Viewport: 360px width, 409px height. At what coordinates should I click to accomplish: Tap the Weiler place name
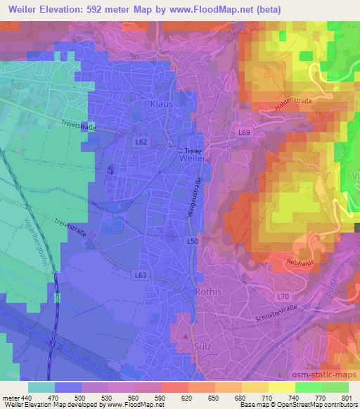tap(191, 159)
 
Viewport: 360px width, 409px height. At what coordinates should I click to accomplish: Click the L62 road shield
tap(141, 142)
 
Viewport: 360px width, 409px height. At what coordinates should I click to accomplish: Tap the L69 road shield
tap(243, 132)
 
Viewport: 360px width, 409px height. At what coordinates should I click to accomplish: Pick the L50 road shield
tap(192, 241)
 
